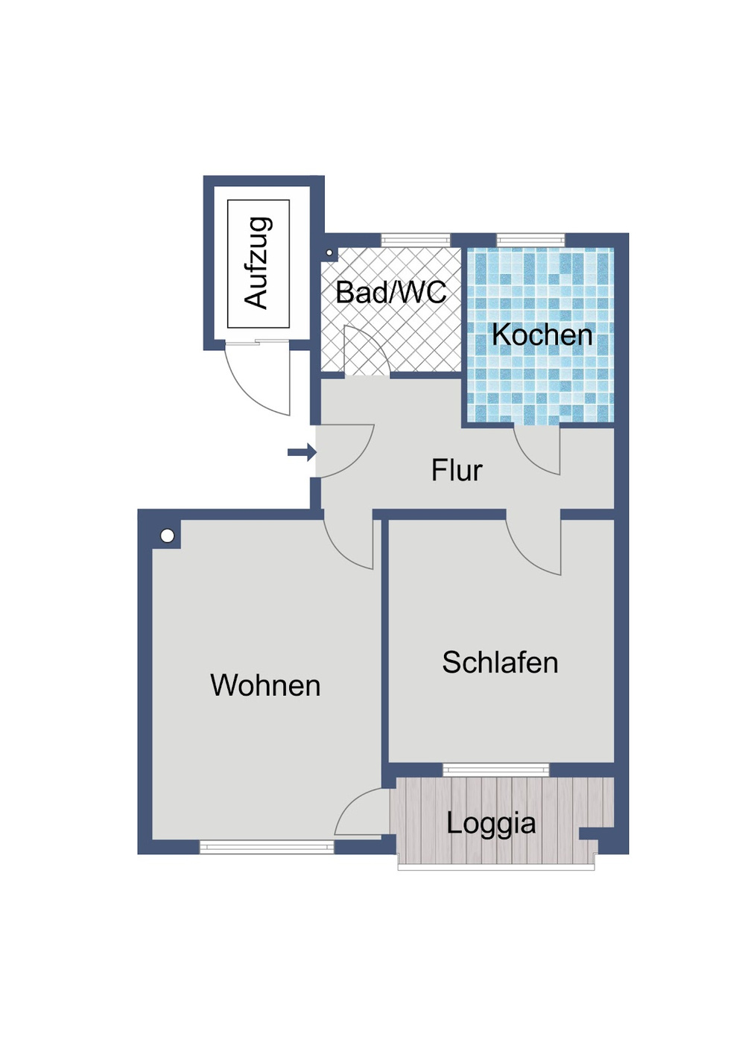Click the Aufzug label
click(x=258, y=263)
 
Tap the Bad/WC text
click(x=390, y=292)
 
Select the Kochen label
click(x=542, y=334)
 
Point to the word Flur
click(x=457, y=470)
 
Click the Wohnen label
click(x=265, y=685)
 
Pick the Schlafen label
click(x=500, y=662)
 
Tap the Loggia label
click(x=491, y=823)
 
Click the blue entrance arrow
click(x=302, y=451)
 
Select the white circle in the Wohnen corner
click(x=168, y=536)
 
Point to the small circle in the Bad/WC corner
click(x=329, y=253)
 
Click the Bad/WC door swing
click(x=365, y=352)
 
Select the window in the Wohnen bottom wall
click(x=266, y=846)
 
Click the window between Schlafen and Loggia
click(x=495, y=769)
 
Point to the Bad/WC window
click(x=416, y=240)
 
